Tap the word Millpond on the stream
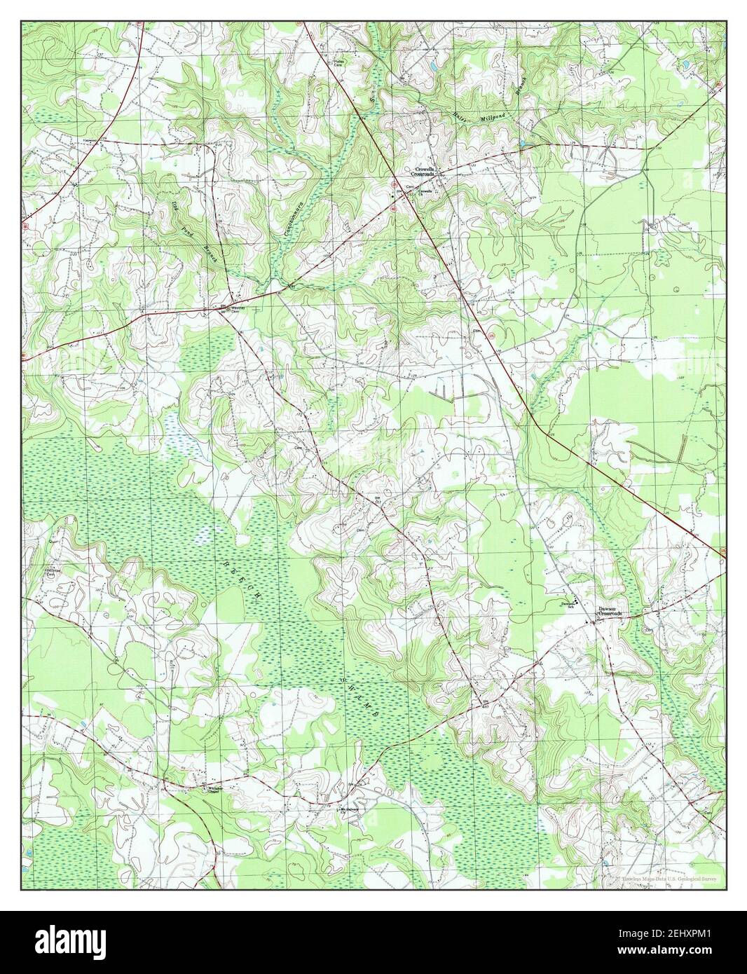click(x=493, y=117)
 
